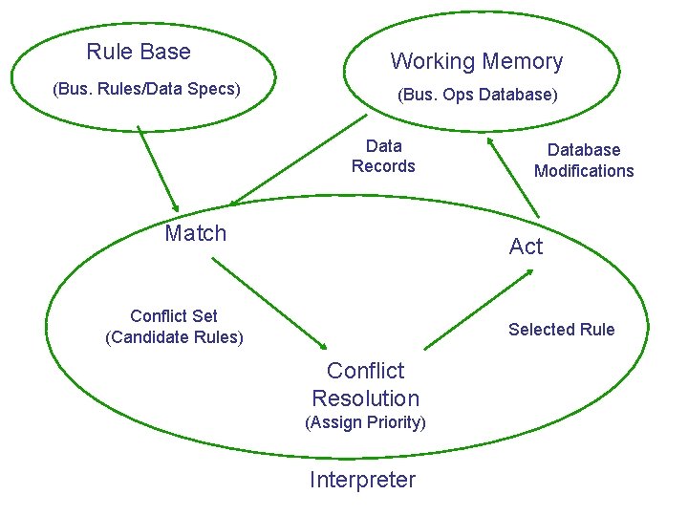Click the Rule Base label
pyautogui.click(x=139, y=52)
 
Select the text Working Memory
pyautogui.click(x=477, y=62)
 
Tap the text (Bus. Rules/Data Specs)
pyautogui.click(x=146, y=89)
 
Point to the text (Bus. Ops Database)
pyautogui.click(x=478, y=95)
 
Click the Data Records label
pyautogui.click(x=383, y=156)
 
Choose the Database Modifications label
pyautogui.click(x=584, y=161)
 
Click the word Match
pyautogui.click(x=196, y=233)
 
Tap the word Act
pyautogui.click(x=526, y=247)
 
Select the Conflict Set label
pyautogui.click(x=174, y=316)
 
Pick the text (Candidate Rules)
pyautogui.click(x=174, y=337)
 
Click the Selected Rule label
pyautogui.click(x=561, y=330)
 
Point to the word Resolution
pyautogui.click(x=365, y=398)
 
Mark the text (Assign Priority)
pyautogui.click(x=365, y=422)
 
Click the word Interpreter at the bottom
pyautogui.click(x=362, y=480)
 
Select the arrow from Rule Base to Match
pyautogui.click(x=158, y=168)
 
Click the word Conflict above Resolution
pyautogui.click(x=365, y=371)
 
